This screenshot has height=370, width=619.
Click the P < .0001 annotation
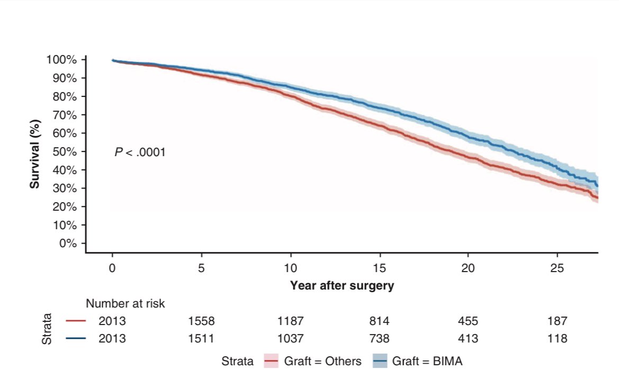(140, 152)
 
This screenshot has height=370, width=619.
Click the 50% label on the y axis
(66, 152)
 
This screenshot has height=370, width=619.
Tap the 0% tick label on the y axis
(69, 243)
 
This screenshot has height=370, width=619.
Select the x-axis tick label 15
(379, 268)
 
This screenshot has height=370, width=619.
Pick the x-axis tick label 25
(557, 268)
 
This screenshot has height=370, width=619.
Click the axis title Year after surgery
(342, 286)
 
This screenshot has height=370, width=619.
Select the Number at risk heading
(125, 304)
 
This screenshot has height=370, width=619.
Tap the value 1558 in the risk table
(201, 321)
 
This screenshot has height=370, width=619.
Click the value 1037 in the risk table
(290, 338)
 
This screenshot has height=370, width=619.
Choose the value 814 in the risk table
(379, 321)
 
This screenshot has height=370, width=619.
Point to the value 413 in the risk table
(468, 338)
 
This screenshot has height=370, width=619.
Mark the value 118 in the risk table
(557, 338)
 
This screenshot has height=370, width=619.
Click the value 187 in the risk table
(557, 321)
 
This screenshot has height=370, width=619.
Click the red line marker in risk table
(76, 321)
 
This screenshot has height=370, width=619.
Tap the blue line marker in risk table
(76, 338)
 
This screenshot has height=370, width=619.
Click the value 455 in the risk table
(468, 321)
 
